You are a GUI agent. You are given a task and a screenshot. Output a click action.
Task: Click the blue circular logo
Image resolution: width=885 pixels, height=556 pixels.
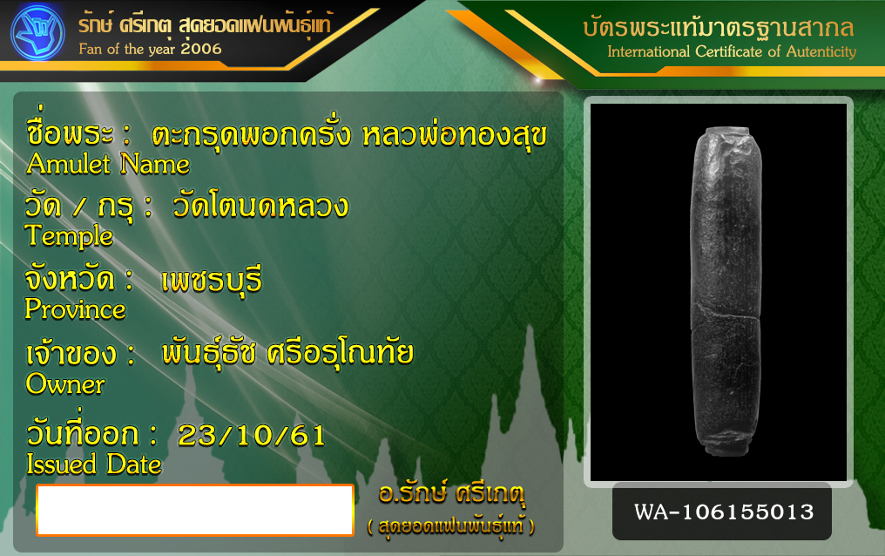pyautogui.click(x=37, y=33)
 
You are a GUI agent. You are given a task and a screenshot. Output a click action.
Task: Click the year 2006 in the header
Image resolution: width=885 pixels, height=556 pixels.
pyautogui.click(x=201, y=49)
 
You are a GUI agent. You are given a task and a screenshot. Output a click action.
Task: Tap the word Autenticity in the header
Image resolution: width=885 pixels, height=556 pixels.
pyautogui.click(x=821, y=52)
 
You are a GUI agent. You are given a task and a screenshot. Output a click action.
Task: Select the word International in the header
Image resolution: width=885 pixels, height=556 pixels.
pyautogui.click(x=649, y=52)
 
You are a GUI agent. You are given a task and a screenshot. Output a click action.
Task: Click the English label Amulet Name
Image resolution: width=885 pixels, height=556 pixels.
pyautogui.click(x=108, y=164)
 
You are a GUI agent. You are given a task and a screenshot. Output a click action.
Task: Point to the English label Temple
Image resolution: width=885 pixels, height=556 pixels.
pyautogui.click(x=69, y=236)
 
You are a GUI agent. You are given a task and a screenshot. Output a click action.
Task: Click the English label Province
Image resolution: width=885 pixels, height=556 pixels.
pyautogui.click(x=75, y=309)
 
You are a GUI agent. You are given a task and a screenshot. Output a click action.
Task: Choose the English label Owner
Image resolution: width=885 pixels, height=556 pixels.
pyautogui.click(x=65, y=384)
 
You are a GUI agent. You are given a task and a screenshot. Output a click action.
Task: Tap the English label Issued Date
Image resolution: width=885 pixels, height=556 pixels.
pyautogui.click(x=94, y=464)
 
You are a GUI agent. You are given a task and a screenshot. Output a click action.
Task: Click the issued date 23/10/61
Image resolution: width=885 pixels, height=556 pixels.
pyautogui.click(x=251, y=436)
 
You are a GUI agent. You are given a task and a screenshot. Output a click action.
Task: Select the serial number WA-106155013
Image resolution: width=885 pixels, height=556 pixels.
pyautogui.click(x=724, y=512)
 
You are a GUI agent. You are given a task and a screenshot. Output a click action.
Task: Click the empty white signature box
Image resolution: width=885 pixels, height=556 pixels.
pyautogui.click(x=195, y=511)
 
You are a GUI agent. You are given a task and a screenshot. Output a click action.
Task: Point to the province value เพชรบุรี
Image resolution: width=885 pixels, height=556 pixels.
pyautogui.click(x=212, y=281)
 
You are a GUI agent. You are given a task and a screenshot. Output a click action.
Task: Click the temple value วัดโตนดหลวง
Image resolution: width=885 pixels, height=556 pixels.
pyautogui.click(x=260, y=206)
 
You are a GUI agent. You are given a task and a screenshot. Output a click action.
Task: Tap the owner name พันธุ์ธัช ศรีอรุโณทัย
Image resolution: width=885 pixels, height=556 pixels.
pyautogui.click(x=287, y=353)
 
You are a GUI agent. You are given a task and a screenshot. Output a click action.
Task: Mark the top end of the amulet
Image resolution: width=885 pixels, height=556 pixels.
pyautogui.click(x=727, y=130)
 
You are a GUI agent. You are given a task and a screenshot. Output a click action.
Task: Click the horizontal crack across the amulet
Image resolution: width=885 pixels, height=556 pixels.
pyautogui.click(x=726, y=313)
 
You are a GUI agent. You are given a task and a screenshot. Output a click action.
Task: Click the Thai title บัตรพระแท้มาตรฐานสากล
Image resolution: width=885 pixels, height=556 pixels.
pyautogui.click(x=719, y=27)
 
